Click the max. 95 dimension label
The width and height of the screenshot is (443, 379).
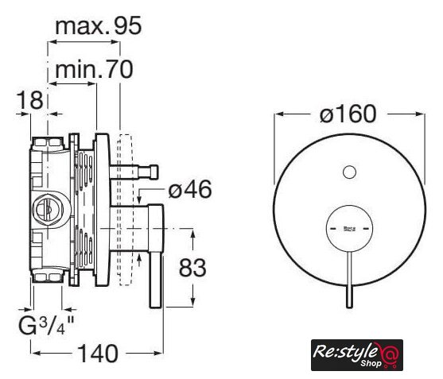coord(98,25)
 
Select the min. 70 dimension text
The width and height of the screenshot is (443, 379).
coord(94,69)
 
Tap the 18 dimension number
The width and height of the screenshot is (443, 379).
coord(30,100)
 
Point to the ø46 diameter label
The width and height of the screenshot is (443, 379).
coord(189,189)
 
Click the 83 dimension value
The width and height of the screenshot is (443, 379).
coord(192,268)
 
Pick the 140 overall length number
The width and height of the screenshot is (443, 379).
coord(98,354)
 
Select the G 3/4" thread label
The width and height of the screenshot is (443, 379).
coord(46,325)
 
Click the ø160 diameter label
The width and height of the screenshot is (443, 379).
coord(348,114)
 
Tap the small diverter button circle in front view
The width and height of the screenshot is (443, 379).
coord(349,172)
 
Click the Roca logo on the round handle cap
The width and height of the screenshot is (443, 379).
coord(349,229)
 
